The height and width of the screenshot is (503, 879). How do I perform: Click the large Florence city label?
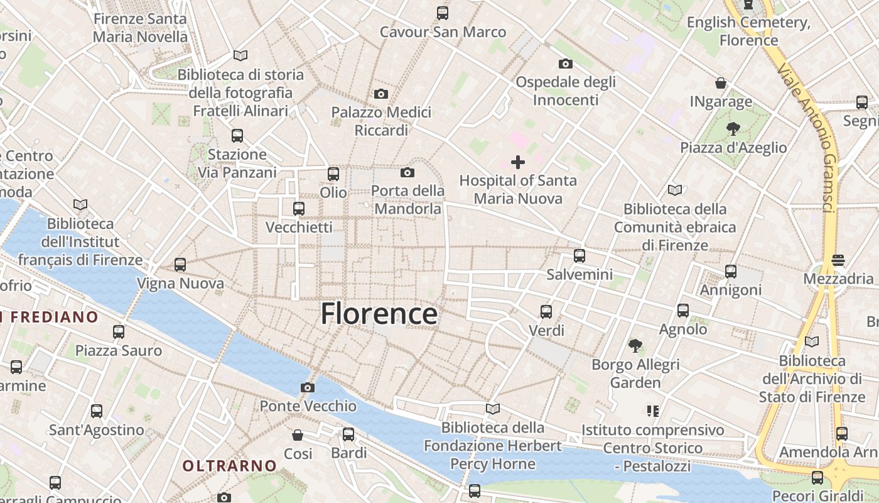tap(379, 313)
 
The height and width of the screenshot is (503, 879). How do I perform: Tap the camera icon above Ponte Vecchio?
tap(307, 387)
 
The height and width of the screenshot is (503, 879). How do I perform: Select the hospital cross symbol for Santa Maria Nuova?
tap(518, 162)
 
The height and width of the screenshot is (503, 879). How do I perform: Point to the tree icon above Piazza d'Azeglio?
tap(733, 129)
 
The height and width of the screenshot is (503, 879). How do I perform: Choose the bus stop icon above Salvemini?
tap(580, 256)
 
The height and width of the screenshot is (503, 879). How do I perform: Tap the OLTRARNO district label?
tap(229, 466)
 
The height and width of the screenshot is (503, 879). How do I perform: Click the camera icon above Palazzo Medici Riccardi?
tap(380, 94)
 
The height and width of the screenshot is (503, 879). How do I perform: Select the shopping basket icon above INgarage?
tap(721, 83)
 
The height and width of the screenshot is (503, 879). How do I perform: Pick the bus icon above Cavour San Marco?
tap(443, 13)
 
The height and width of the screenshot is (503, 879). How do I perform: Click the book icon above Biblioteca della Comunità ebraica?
tap(675, 190)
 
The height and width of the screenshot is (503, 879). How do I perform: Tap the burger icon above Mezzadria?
tap(838, 260)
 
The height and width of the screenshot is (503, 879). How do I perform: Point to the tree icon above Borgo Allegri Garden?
tap(635, 345)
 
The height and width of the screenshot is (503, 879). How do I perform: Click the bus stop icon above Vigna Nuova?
tap(180, 265)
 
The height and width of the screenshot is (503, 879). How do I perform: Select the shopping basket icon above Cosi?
tap(298, 434)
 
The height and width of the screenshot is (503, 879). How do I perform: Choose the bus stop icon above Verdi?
tap(546, 311)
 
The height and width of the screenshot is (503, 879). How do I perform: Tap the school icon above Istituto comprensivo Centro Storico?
tap(652, 411)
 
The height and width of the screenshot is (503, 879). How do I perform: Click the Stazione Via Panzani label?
tap(237, 163)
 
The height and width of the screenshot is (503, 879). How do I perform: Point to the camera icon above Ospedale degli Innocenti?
tap(565, 64)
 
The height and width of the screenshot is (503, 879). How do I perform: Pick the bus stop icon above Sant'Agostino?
tap(96, 411)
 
